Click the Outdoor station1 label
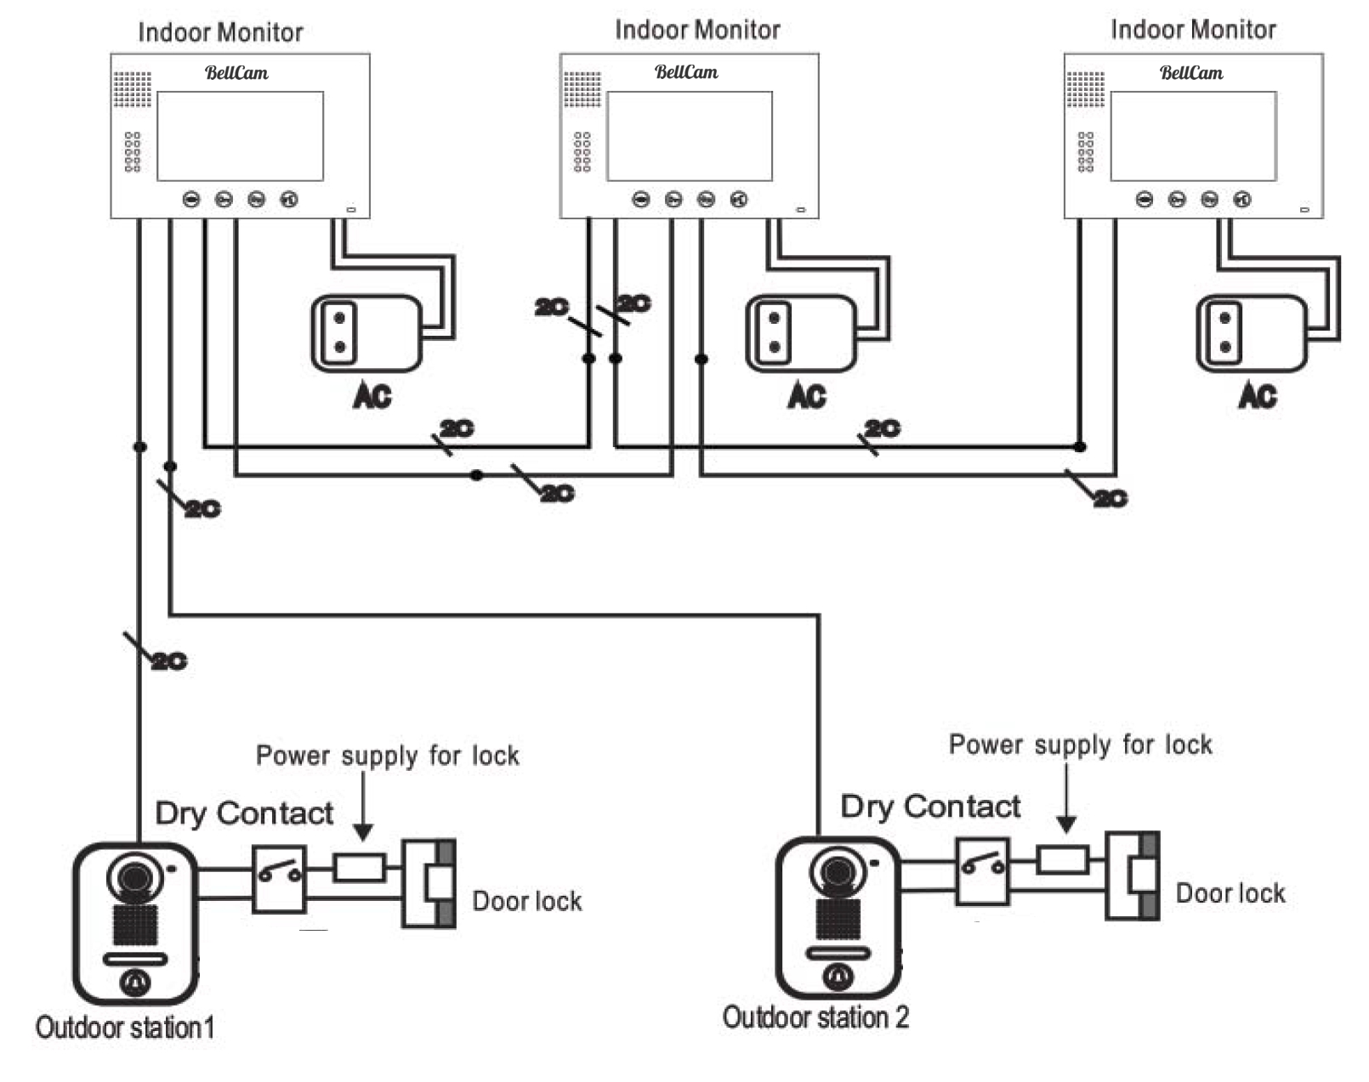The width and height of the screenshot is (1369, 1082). point(124,1028)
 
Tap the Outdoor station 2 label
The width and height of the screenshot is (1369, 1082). point(815,1017)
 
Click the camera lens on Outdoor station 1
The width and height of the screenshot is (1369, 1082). point(134,876)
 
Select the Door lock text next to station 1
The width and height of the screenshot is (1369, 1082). point(526,901)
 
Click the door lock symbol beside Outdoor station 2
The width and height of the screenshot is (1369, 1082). point(1133,875)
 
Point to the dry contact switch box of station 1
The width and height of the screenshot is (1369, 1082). point(279,878)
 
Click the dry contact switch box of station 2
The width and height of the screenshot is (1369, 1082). point(982,871)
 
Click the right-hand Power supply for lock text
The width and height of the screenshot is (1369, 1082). point(1080,745)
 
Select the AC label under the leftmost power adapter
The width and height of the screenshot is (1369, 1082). point(372,395)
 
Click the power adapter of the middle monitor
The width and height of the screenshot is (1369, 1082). point(799,333)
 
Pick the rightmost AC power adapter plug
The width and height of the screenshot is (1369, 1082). point(1250,333)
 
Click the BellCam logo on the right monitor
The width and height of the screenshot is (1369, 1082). point(1191,73)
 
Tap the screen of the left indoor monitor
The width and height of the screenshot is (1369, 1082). point(240,136)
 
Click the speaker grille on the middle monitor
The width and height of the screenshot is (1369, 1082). point(582,89)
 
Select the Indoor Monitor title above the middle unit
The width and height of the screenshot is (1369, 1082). point(697,30)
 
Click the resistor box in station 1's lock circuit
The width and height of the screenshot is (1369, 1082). point(359,868)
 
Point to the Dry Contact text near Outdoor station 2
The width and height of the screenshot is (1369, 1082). point(930,806)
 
